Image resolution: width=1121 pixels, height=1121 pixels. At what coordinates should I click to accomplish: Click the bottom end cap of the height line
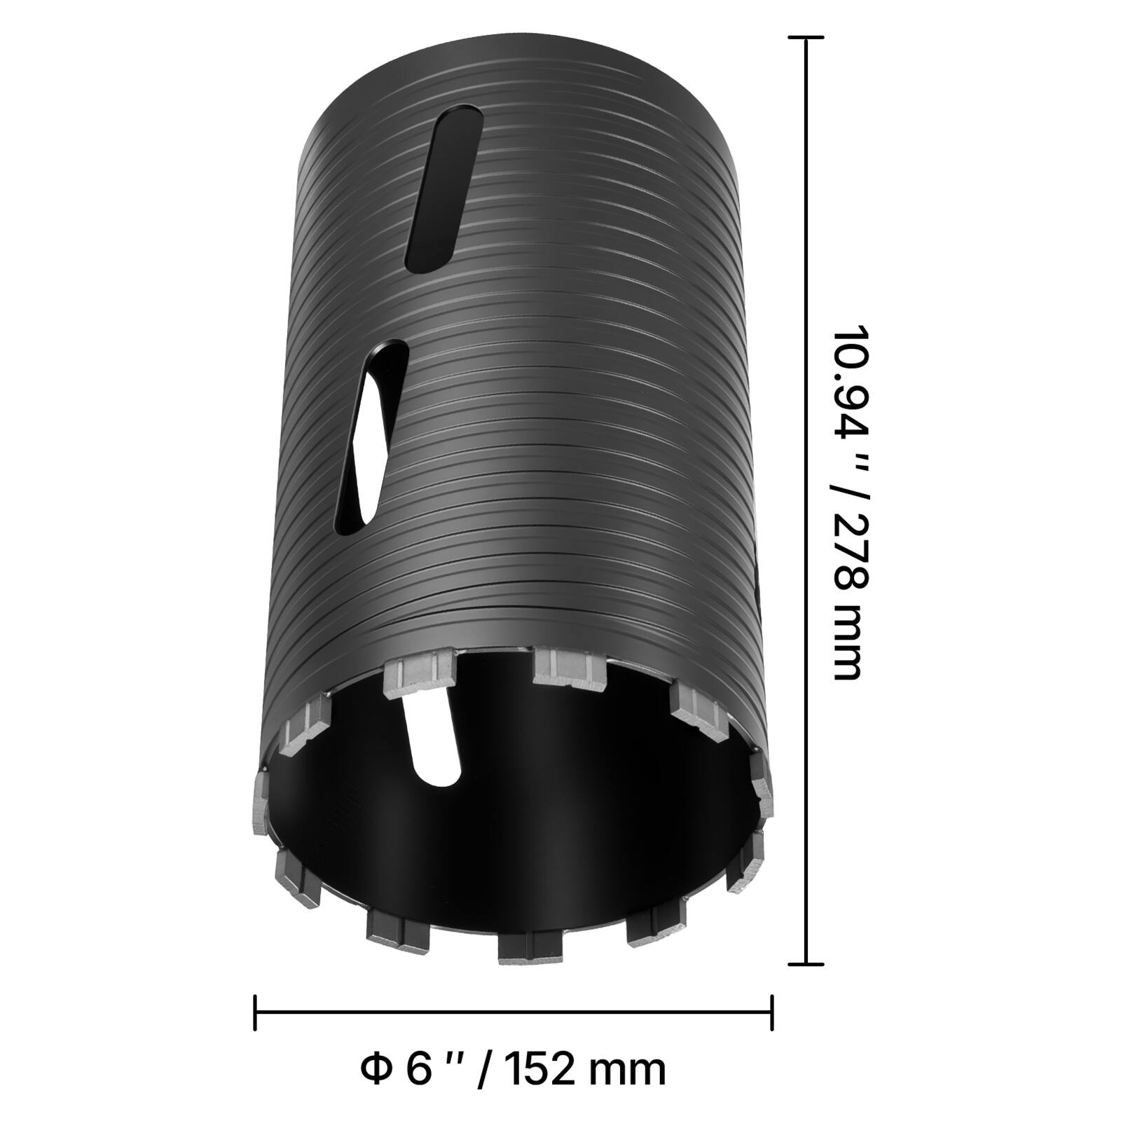806,964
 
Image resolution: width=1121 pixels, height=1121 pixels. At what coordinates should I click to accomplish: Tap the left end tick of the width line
255,1012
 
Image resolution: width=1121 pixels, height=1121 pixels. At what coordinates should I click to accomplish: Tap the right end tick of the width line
771,1012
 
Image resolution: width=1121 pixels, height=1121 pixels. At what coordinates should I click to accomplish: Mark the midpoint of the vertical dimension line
806,501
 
